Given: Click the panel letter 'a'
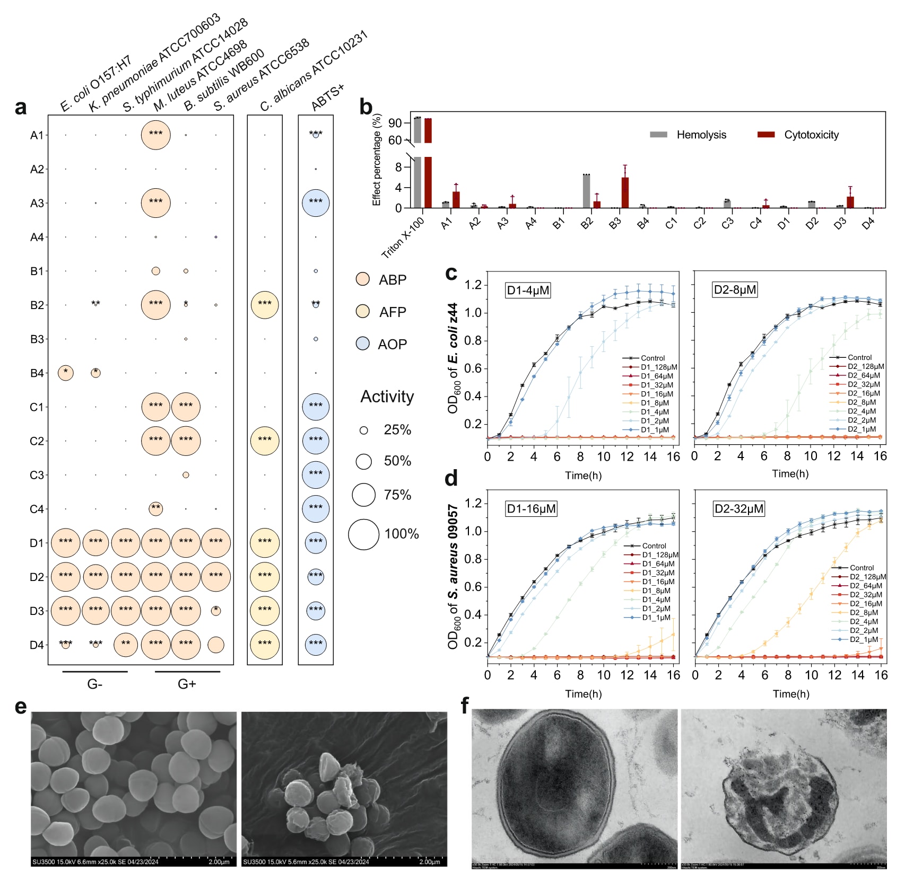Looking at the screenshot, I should tap(21, 107).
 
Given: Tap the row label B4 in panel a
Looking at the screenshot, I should tap(37, 373).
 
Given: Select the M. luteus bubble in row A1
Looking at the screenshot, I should tap(155, 135).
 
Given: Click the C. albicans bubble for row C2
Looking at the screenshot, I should tap(264, 441).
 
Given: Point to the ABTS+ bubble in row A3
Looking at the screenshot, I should tap(316, 203).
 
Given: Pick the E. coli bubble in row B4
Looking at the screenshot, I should tap(65, 373).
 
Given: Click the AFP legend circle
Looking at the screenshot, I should tap(362, 312).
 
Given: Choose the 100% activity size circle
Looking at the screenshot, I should tap(363, 534).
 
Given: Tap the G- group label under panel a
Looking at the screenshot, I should tap(94, 684).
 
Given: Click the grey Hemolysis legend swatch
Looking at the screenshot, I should tap(658, 135).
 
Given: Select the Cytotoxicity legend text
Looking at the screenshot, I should tap(811, 135).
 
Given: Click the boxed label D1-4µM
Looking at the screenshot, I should tap(528, 291).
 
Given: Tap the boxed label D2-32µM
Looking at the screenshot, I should tap(738, 509).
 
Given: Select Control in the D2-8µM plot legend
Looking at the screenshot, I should tap(859, 357).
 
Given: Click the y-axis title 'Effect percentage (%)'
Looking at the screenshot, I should tap(377, 160).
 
